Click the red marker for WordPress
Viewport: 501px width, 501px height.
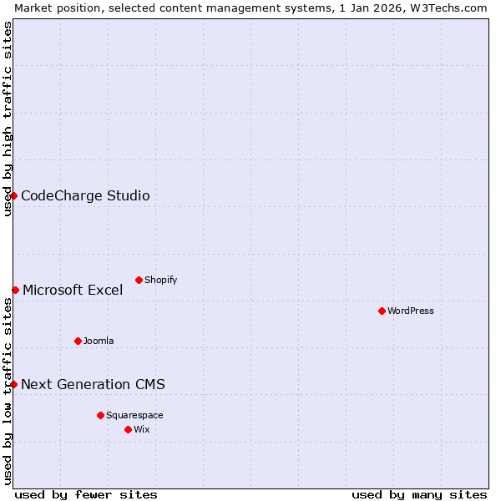click(x=382, y=311)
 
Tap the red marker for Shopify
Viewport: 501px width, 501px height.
click(x=139, y=280)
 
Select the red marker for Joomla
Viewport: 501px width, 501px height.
click(x=78, y=341)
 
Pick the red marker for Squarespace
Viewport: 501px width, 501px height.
click(x=100, y=415)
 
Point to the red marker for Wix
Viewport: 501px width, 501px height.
click(x=128, y=429)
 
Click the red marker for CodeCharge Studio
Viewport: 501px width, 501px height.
click(x=14, y=195)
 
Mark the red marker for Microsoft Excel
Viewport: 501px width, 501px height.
click(x=15, y=290)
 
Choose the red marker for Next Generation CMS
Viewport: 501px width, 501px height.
click(x=14, y=384)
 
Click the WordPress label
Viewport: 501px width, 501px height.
click(x=411, y=311)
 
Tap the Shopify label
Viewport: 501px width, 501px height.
click(x=161, y=280)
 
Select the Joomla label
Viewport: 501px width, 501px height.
click(x=99, y=341)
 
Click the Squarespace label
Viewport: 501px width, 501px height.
click(x=134, y=415)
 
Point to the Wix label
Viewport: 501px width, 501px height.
click(x=141, y=429)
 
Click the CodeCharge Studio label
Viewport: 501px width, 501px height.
click(x=85, y=196)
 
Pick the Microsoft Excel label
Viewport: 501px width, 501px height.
click(x=73, y=291)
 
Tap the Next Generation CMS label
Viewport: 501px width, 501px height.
click(x=93, y=385)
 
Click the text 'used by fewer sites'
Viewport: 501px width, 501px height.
click(x=86, y=494)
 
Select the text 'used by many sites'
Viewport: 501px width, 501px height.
click(x=419, y=494)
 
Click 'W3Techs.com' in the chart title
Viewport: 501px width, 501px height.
click(x=447, y=8)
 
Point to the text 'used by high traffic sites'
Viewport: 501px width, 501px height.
click(x=8, y=119)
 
